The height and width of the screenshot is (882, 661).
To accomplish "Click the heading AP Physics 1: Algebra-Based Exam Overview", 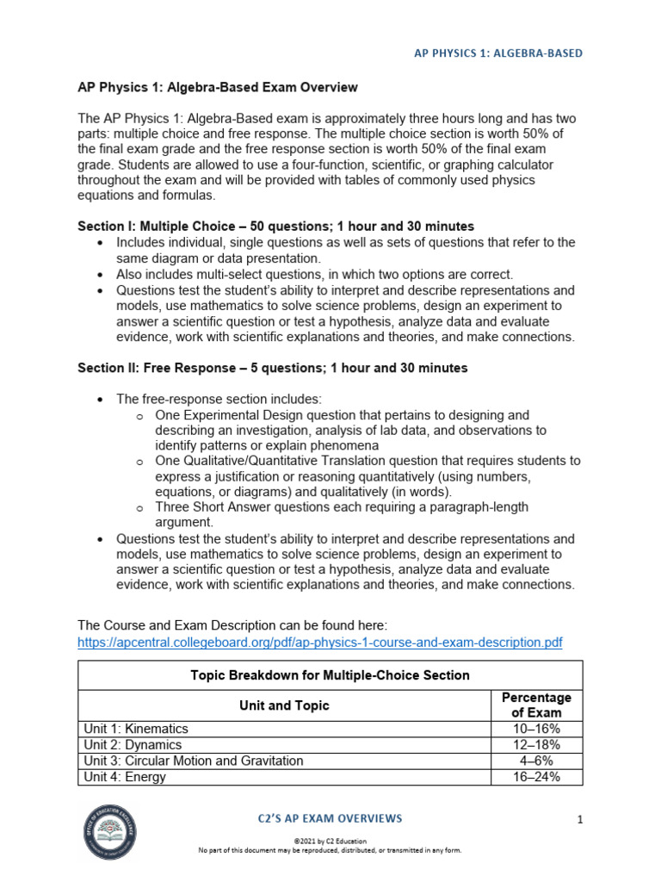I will click(x=218, y=88).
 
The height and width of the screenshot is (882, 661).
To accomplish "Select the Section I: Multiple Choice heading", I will click(x=275, y=227).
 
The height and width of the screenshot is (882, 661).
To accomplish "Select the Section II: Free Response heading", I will click(x=273, y=368).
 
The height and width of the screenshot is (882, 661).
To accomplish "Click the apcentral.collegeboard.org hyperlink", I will click(x=319, y=643).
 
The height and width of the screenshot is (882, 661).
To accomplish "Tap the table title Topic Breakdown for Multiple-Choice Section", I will click(x=330, y=675).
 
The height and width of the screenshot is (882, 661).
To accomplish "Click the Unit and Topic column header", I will click(x=284, y=705).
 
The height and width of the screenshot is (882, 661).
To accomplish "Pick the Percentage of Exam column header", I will click(x=536, y=705).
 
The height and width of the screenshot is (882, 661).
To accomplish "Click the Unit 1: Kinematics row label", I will click(x=136, y=729).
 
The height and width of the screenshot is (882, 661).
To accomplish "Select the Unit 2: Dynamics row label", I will click(x=133, y=745).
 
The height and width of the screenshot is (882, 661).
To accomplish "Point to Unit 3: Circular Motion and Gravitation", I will click(x=194, y=761).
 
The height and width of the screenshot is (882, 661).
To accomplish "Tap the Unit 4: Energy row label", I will click(x=125, y=777).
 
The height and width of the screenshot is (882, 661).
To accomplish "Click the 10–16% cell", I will click(x=536, y=729).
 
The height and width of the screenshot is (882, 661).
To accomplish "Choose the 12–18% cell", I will click(x=536, y=745).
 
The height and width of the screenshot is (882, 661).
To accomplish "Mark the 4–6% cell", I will click(x=536, y=761).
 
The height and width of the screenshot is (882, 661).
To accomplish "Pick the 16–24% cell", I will click(x=536, y=777).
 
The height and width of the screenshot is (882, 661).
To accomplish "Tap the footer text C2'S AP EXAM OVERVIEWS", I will click(x=330, y=818).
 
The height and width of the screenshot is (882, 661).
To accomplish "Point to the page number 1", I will click(x=580, y=819).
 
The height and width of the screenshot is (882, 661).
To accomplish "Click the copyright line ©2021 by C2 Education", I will click(x=330, y=840).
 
